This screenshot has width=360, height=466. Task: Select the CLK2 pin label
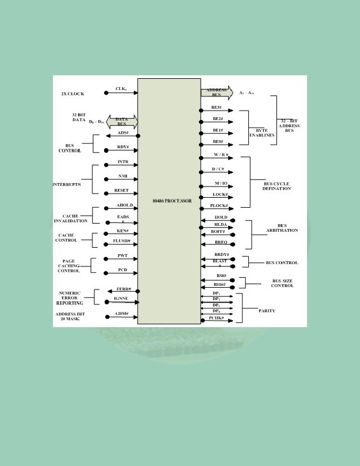point(121,89)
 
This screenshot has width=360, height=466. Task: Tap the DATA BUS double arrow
point(122,122)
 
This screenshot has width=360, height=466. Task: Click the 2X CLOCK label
point(73,94)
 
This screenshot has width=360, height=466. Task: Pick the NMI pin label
point(123,176)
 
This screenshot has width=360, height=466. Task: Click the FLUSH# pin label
point(121,241)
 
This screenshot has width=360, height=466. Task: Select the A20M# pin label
point(122,314)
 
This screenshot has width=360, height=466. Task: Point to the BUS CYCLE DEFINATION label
point(276,186)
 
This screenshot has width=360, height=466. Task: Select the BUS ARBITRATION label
point(282,228)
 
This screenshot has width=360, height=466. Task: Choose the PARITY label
point(266,311)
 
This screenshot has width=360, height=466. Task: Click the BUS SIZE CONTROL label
point(282,284)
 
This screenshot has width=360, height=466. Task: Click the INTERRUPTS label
point(66,185)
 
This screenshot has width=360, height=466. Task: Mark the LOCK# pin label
point(220,194)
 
